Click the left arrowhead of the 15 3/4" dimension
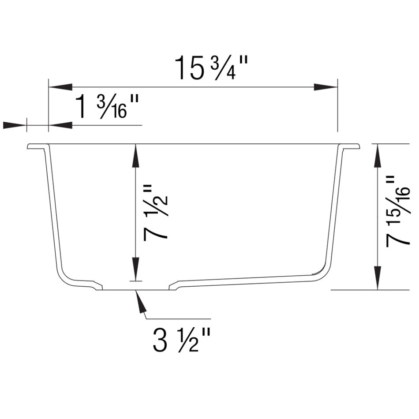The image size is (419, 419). pyautogui.click(x=60, y=87)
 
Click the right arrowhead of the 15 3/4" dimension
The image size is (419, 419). pyautogui.click(x=326, y=87)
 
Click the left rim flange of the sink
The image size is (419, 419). pyautogui.click(x=36, y=146)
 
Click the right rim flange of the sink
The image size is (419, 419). pyautogui.click(x=352, y=146)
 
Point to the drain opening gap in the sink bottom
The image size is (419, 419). pyautogui.click(x=135, y=289)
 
